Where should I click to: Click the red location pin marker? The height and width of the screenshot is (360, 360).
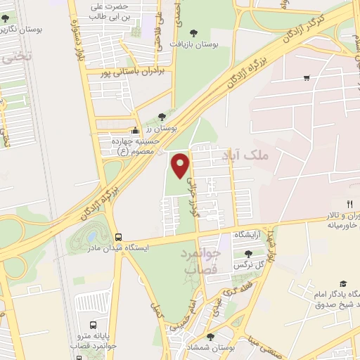[x=181, y=165]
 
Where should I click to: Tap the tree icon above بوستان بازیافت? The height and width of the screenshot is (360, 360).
[x=194, y=32]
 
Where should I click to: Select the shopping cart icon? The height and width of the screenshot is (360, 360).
[x=306, y=77]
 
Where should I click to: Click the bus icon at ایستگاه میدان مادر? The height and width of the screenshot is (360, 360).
[x=117, y=238]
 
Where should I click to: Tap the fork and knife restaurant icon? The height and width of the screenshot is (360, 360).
[x=350, y=204]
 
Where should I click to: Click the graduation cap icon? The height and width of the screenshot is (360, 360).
[x=342, y=283]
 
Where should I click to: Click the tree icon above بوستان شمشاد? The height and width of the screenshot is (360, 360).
[x=210, y=337]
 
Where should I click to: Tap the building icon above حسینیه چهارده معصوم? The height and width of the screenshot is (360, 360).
[x=136, y=131]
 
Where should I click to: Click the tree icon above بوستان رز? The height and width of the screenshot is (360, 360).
[x=162, y=117]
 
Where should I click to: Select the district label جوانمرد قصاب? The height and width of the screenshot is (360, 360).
[x=202, y=260]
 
